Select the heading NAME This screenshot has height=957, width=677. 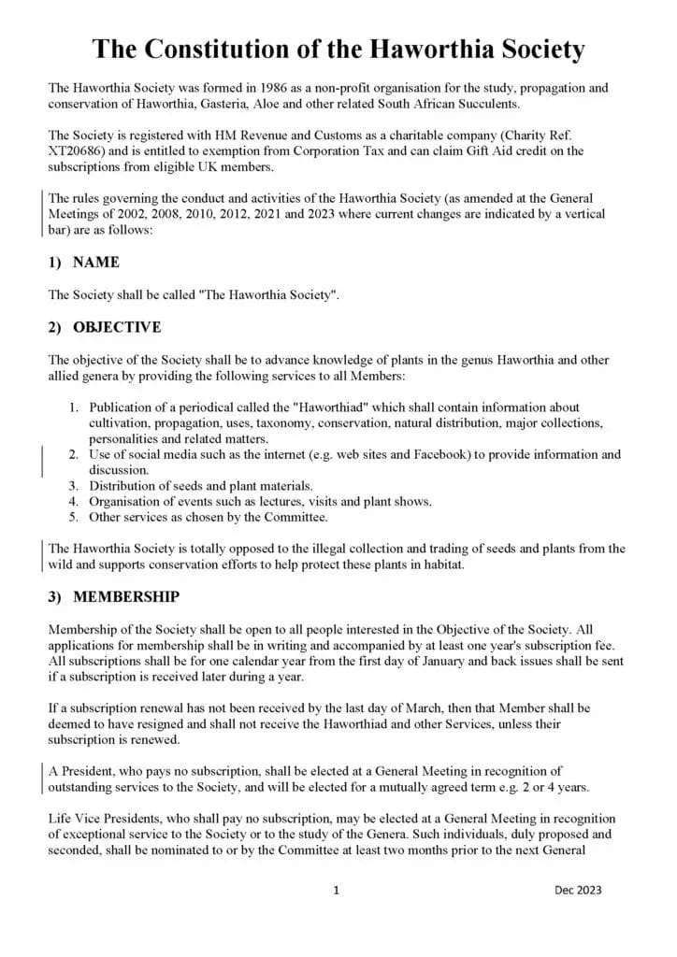point(95,263)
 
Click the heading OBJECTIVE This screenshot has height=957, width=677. point(117,327)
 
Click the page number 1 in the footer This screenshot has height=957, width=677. point(337,891)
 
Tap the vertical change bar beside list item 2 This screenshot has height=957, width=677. point(42,463)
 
